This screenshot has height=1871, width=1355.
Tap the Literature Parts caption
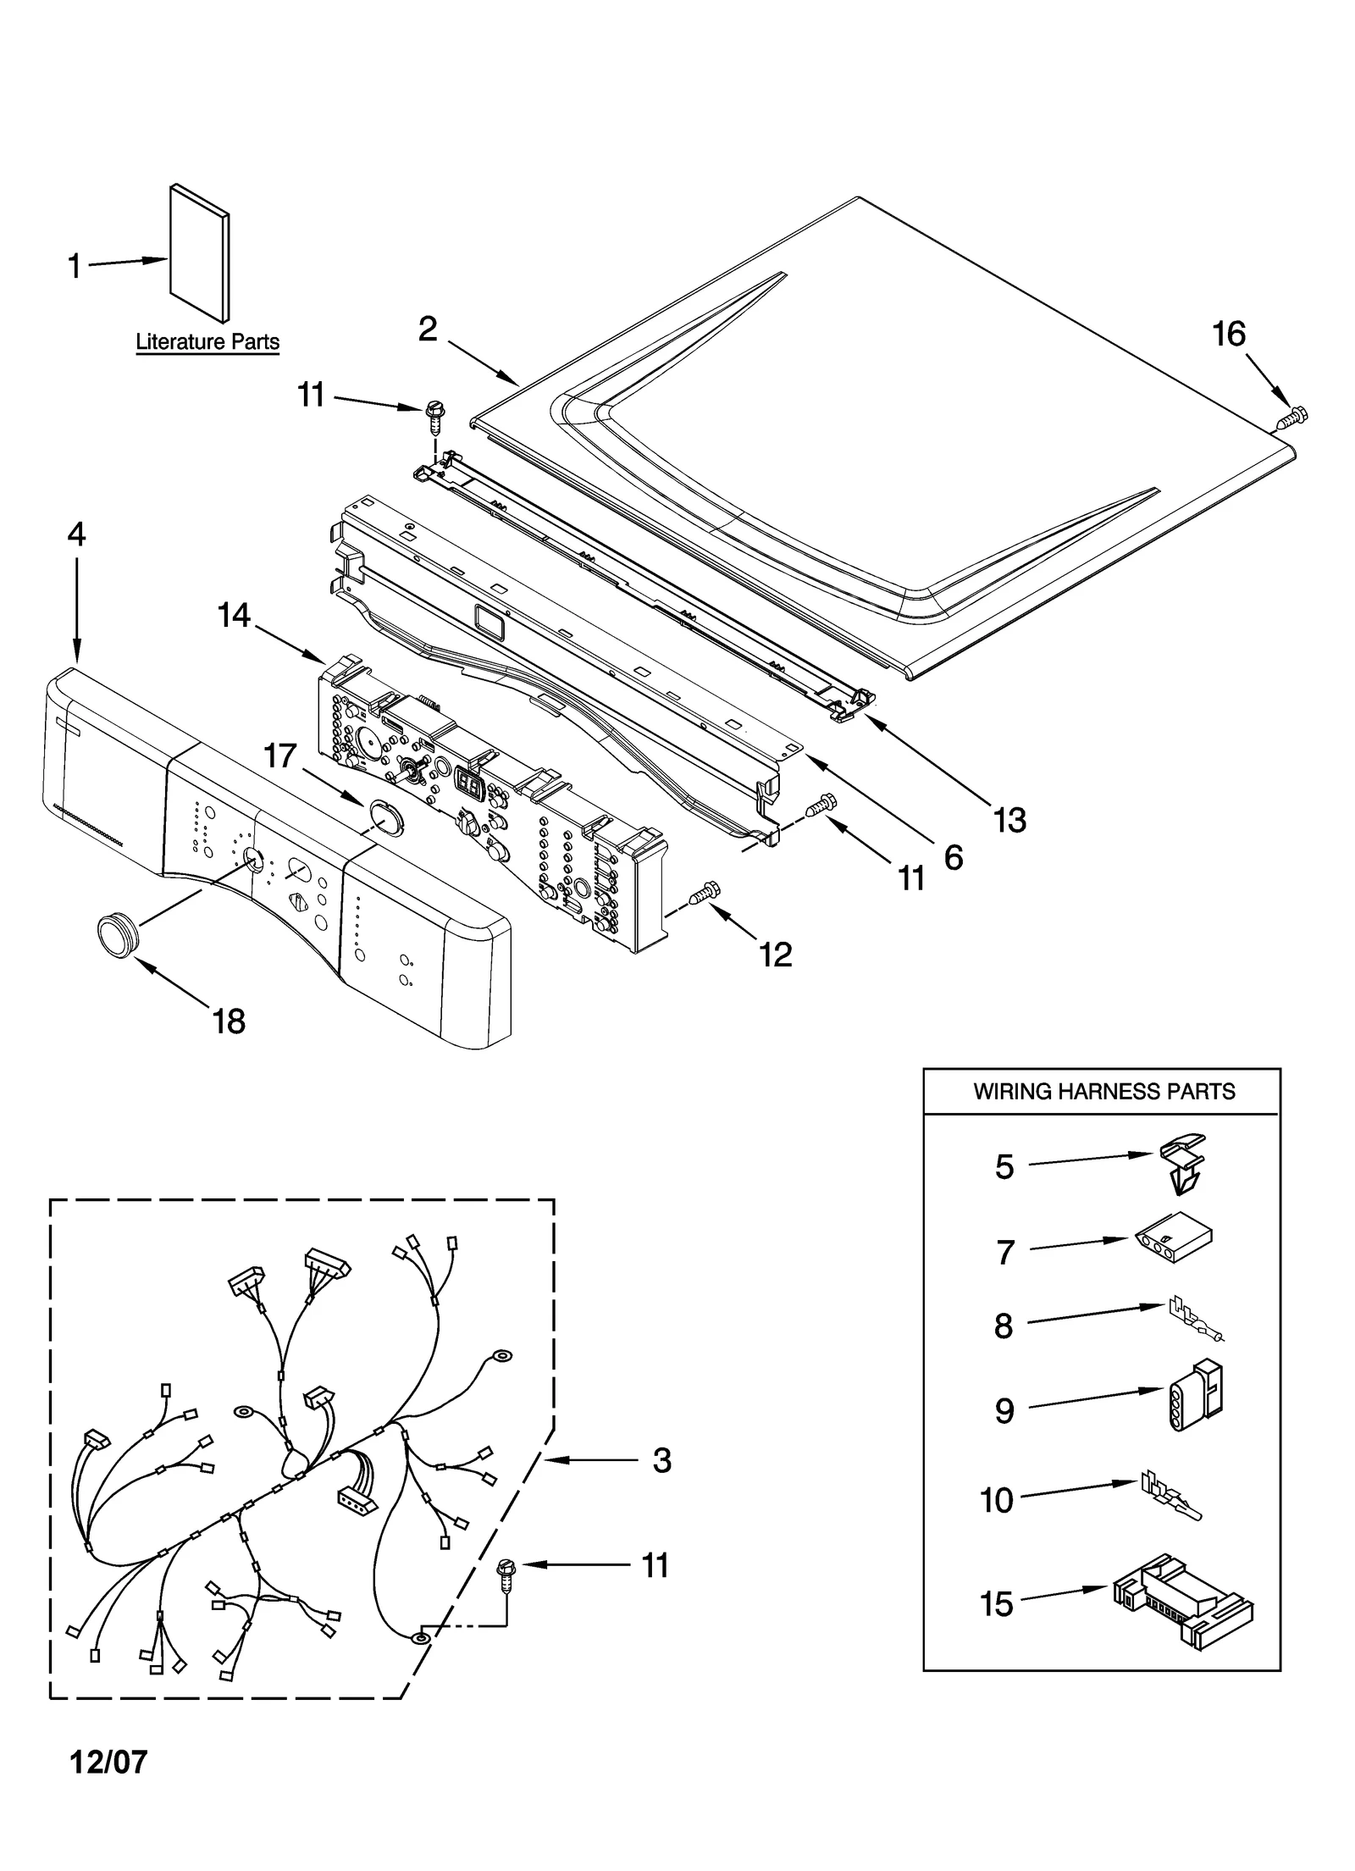(207, 342)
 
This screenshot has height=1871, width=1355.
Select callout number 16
(1228, 334)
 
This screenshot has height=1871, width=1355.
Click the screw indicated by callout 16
(1292, 416)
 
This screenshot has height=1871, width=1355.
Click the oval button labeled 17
(387, 819)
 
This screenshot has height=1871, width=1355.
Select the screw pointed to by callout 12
(705, 892)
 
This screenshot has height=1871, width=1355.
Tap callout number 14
(234, 615)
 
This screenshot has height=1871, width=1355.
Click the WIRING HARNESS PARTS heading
(1103, 1091)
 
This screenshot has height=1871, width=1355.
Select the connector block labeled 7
(1174, 1246)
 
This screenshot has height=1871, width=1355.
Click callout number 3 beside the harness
(661, 1459)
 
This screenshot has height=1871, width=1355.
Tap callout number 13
(1009, 819)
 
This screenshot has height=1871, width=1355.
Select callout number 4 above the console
(76, 534)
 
